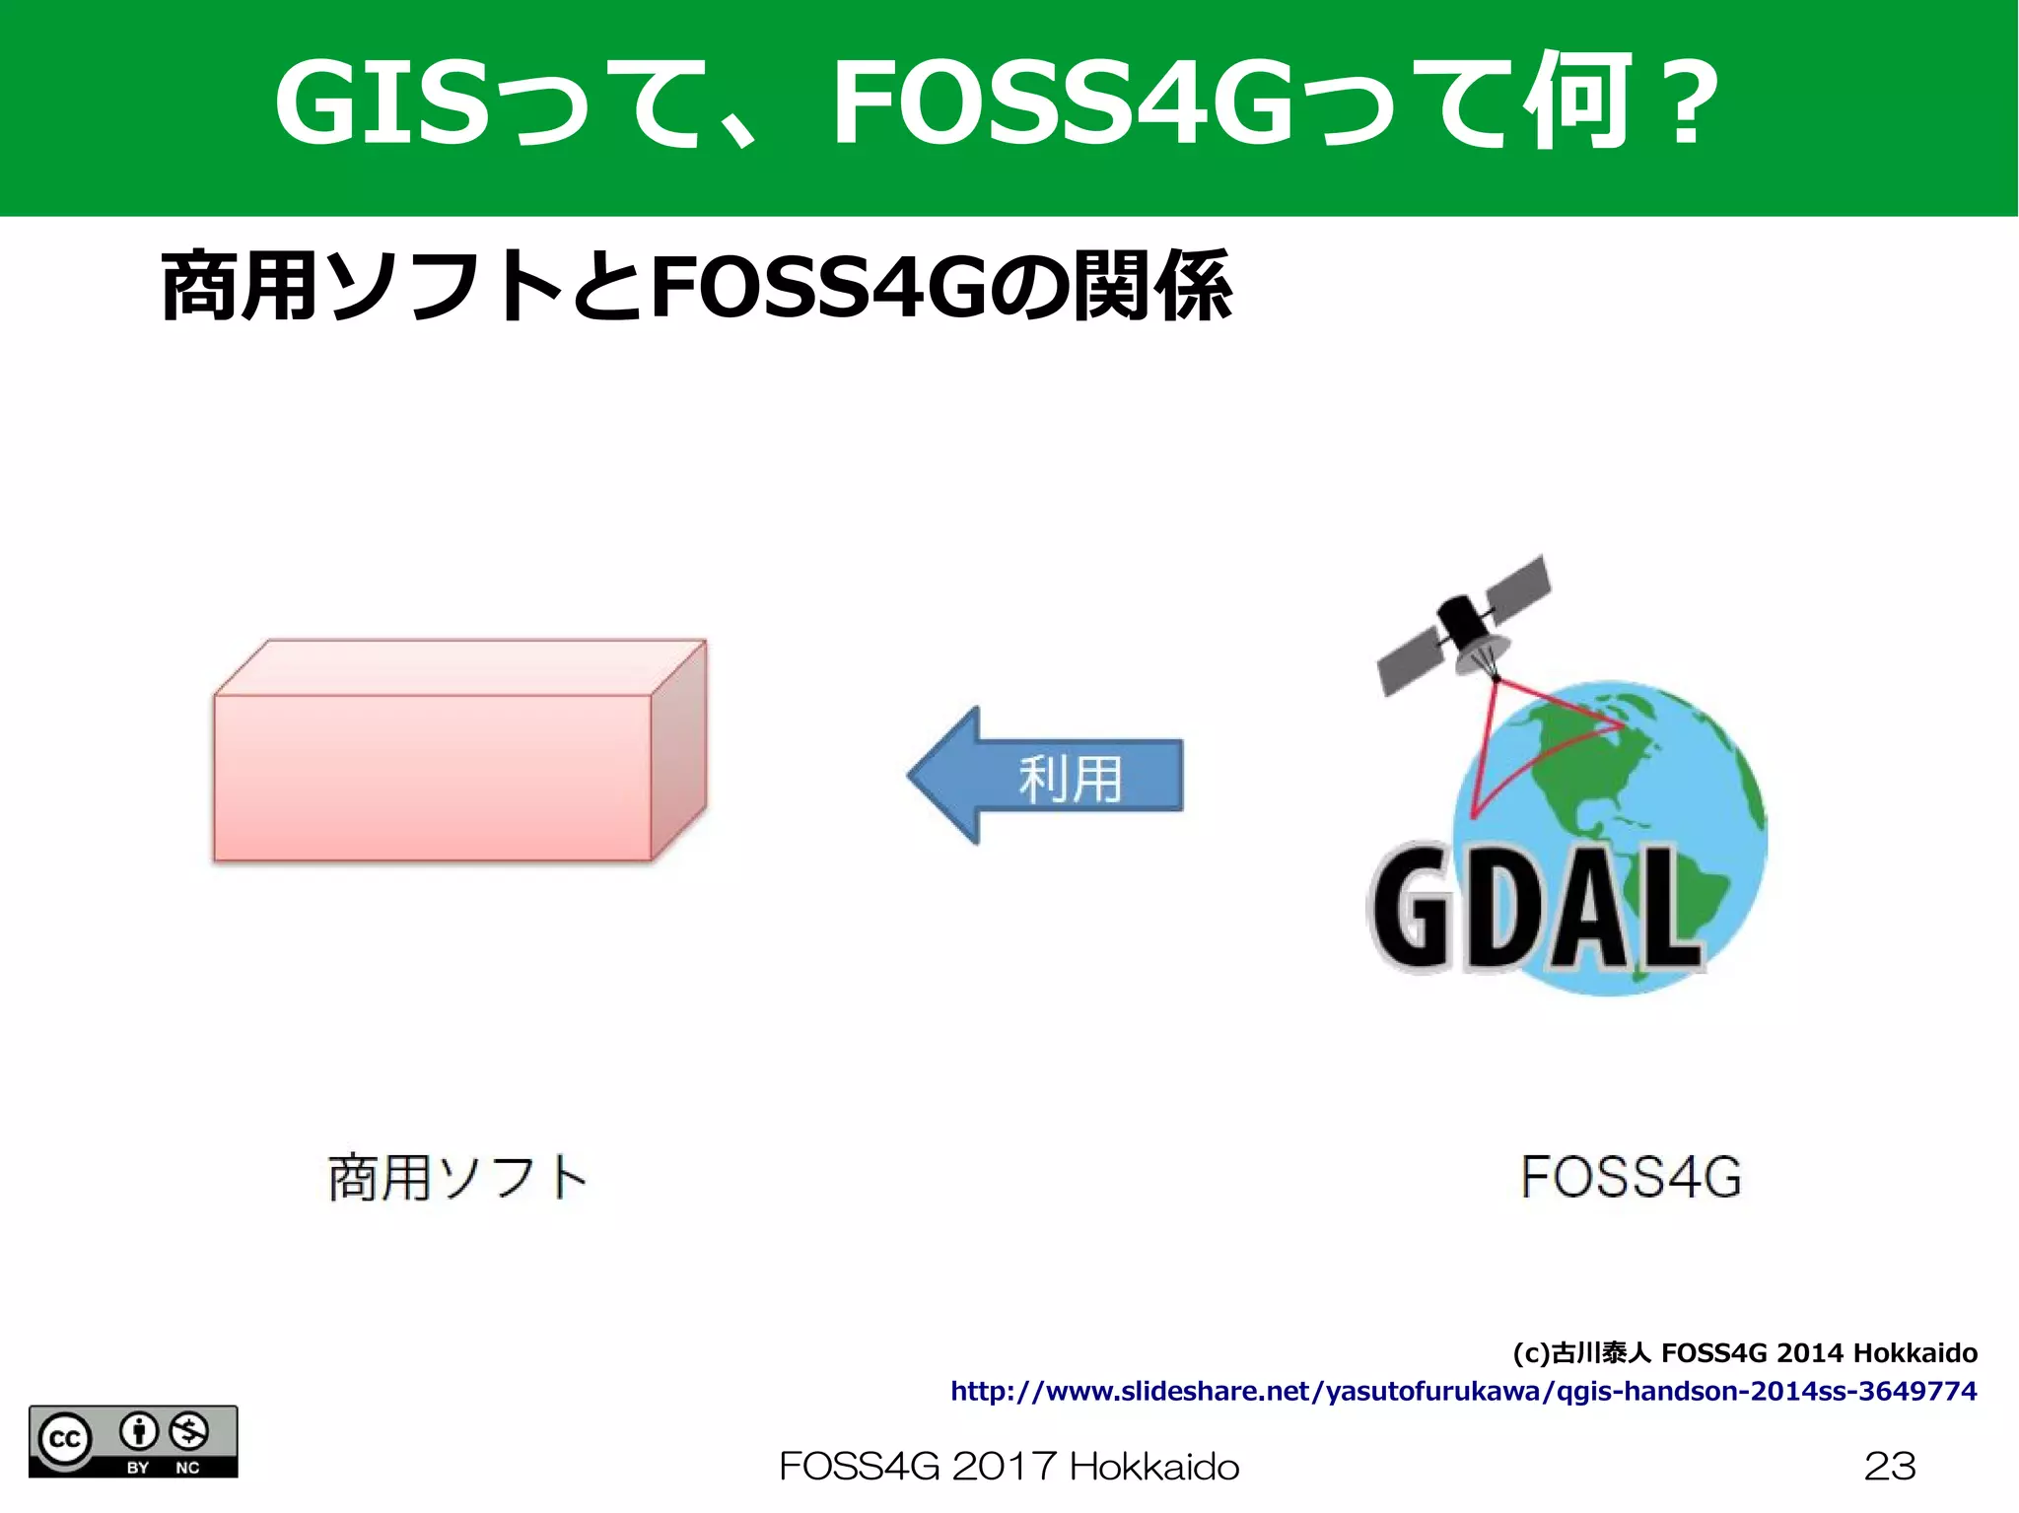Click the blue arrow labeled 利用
coord(1045,776)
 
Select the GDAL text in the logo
coord(1533,909)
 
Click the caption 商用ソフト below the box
coord(456,1177)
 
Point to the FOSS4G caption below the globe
coord(1631,1177)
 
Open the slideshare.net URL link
coord(1463,1391)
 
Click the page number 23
coord(1890,1466)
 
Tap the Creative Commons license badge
coord(133,1441)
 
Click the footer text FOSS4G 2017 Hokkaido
coord(1009,1467)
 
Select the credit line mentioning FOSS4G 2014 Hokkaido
coord(1745,1352)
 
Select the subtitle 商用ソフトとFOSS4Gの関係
coord(696,287)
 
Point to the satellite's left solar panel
coord(1410,660)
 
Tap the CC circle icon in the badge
coord(65,1440)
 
